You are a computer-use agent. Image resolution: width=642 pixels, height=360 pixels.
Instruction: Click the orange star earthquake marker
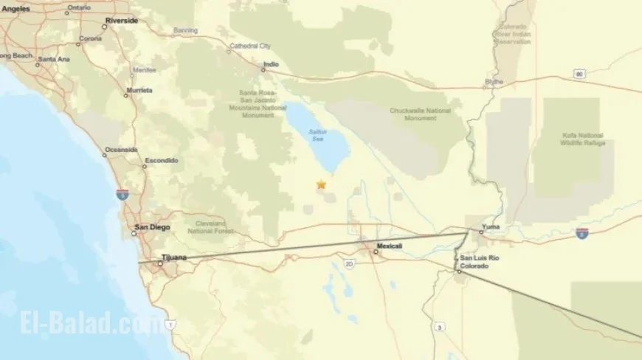321,185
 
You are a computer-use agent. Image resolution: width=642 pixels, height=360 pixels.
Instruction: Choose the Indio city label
271,65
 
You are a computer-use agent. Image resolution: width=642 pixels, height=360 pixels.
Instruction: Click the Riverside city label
121,21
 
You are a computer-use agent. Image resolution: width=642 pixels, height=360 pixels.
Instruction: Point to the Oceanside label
121,150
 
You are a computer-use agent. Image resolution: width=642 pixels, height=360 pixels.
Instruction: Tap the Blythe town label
494,81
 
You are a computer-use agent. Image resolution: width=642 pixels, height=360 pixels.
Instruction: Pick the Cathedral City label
251,46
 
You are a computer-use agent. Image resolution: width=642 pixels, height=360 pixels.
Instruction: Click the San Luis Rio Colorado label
474,262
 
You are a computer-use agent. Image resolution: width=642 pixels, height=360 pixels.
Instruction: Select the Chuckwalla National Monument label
420,114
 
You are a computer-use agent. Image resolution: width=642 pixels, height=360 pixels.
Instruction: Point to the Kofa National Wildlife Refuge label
582,139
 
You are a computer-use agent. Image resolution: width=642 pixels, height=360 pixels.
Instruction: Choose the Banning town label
185,31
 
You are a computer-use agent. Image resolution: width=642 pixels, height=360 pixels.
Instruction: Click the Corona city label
91,38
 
